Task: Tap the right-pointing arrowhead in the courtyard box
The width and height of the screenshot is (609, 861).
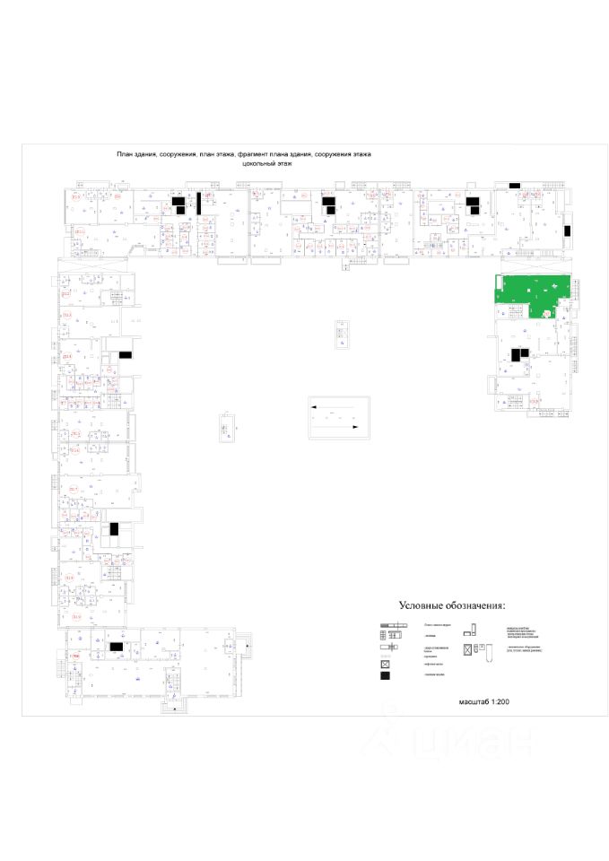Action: tap(357, 427)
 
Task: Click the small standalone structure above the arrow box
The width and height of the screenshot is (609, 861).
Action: tap(341, 333)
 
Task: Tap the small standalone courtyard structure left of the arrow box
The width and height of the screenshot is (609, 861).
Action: tap(225, 426)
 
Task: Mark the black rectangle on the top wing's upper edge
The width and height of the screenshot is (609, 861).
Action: tap(514, 185)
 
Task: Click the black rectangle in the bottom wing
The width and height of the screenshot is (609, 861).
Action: tap(116, 646)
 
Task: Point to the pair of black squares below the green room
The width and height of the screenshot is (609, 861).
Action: tap(518, 354)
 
